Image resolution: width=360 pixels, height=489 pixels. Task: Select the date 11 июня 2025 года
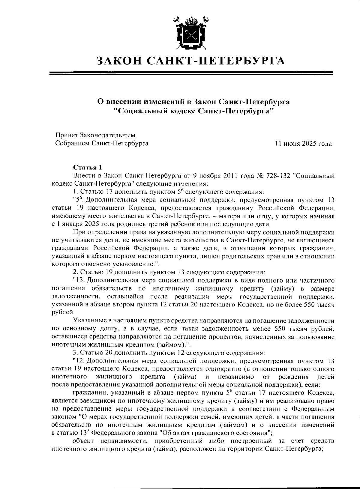pyautogui.click(x=303, y=144)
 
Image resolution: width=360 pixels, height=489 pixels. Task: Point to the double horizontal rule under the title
pyautogui.click(x=191, y=73)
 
